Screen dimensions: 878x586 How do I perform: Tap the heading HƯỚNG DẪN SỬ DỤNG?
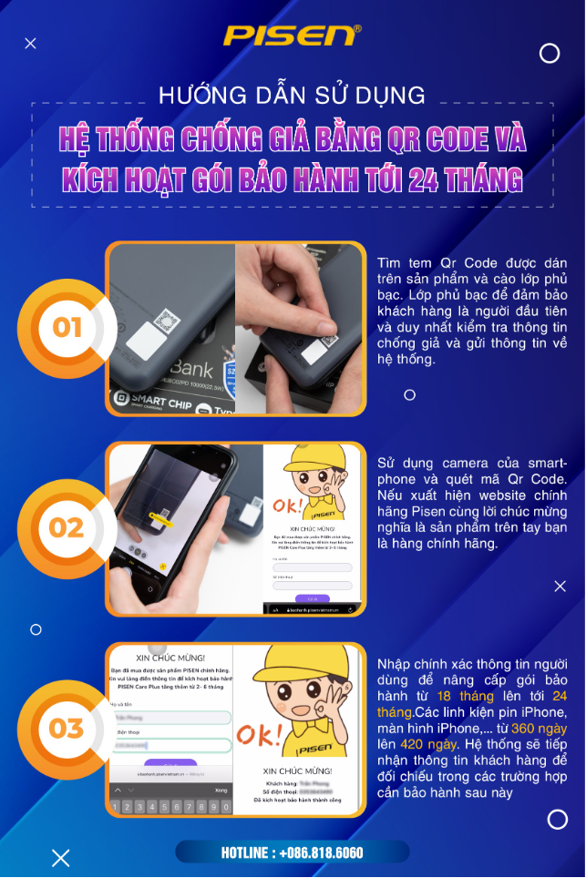click(x=292, y=94)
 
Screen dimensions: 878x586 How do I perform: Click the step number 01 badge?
click(x=67, y=327)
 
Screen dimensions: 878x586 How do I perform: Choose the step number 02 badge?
click(x=67, y=527)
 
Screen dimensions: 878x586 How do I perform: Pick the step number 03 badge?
click(x=67, y=728)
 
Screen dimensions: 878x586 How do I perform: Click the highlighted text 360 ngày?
click(x=539, y=729)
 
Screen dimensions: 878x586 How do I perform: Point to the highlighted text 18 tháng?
click(x=465, y=696)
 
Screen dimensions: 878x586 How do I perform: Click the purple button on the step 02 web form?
click(x=312, y=597)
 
